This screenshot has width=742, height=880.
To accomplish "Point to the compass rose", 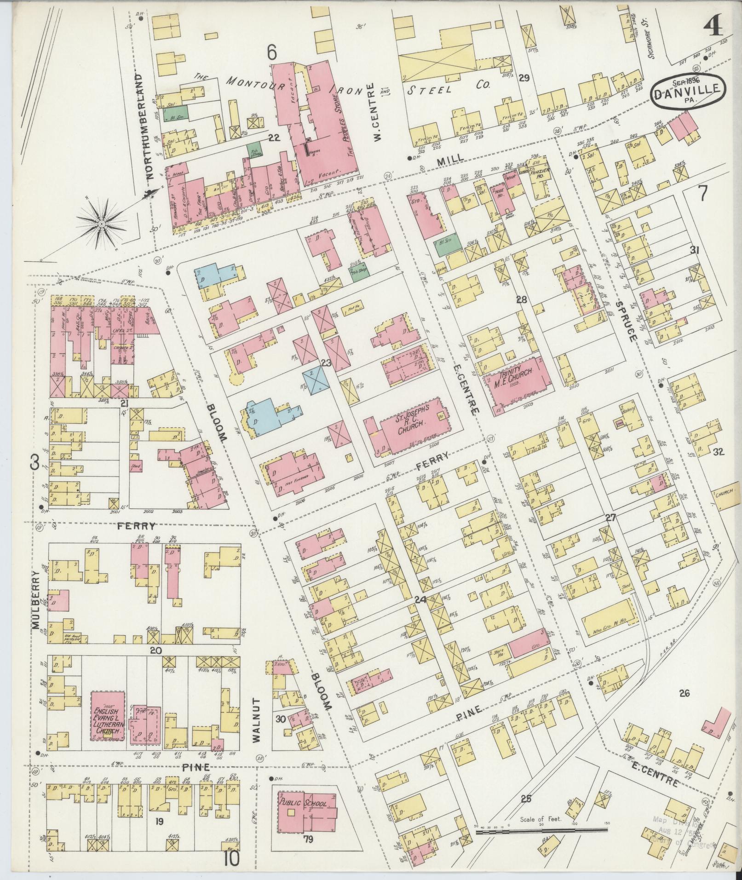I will (x=101, y=224).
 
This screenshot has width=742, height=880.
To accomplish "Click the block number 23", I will (x=326, y=363).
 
